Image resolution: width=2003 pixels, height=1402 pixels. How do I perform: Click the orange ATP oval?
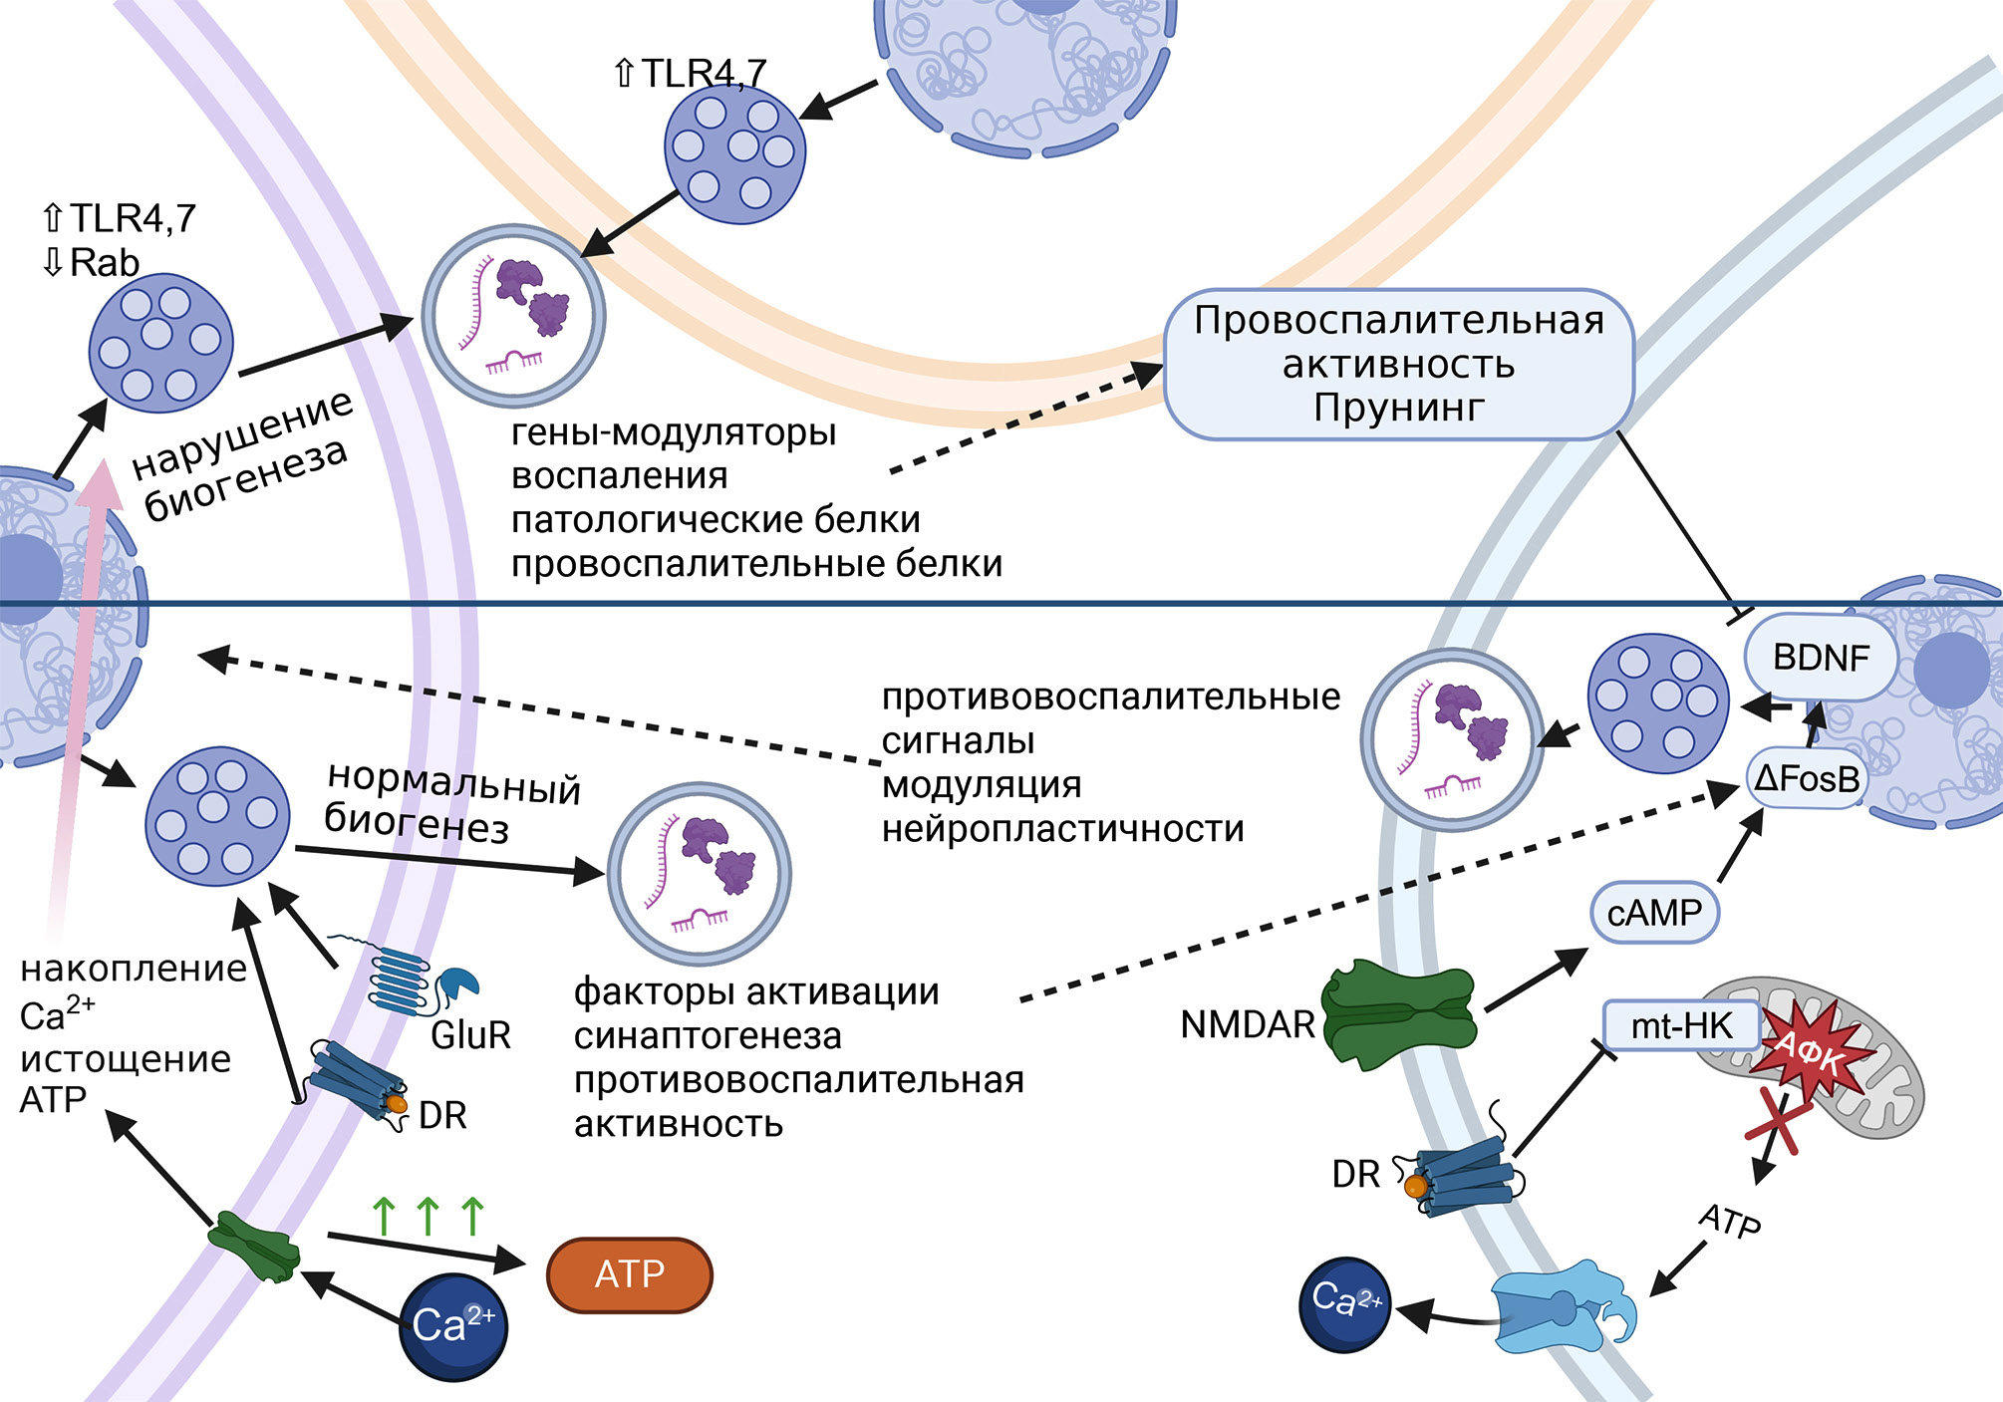(x=630, y=1274)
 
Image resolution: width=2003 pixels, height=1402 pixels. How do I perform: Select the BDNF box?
(x=1821, y=658)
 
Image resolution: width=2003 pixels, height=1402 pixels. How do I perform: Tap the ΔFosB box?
(x=1807, y=778)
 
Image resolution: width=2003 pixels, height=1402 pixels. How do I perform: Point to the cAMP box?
(x=1654, y=912)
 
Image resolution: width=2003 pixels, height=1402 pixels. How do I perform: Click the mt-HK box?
(x=1681, y=1025)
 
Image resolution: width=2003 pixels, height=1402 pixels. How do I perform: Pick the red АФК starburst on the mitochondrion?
(x=1810, y=1051)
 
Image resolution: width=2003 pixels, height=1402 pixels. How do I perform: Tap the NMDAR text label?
(x=1248, y=1024)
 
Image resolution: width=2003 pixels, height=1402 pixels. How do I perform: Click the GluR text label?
(x=470, y=1035)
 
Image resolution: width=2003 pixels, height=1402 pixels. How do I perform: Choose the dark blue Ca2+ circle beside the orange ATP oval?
(x=453, y=1326)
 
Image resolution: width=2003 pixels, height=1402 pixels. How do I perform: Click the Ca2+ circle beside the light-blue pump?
(x=1345, y=1303)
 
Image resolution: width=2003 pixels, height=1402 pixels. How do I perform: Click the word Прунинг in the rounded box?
(x=1398, y=408)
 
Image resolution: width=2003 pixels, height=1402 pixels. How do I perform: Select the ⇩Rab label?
(x=91, y=263)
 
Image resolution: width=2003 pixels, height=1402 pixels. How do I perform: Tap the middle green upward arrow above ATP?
(x=429, y=1216)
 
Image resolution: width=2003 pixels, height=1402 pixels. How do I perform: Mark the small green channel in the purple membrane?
(x=255, y=1247)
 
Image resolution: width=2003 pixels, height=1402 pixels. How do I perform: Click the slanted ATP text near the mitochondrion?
(x=1730, y=1221)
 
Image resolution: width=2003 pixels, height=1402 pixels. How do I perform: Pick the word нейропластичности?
(x=1063, y=829)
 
